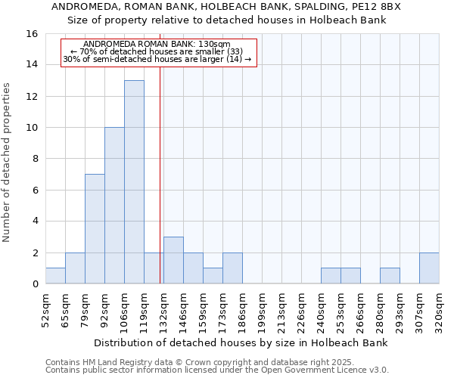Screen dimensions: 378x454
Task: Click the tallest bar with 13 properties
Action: [x=134, y=182]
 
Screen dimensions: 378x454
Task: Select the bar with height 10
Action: [x=114, y=206]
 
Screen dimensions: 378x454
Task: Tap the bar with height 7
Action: [x=95, y=229]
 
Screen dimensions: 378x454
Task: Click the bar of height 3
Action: [x=173, y=260]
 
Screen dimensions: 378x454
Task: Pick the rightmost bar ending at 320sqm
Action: [x=429, y=268]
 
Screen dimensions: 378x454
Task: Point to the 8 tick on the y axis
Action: [x=35, y=159]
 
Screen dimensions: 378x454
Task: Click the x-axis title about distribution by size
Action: [x=241, y=342]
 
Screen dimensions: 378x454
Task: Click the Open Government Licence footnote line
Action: [x=217, y=370]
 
